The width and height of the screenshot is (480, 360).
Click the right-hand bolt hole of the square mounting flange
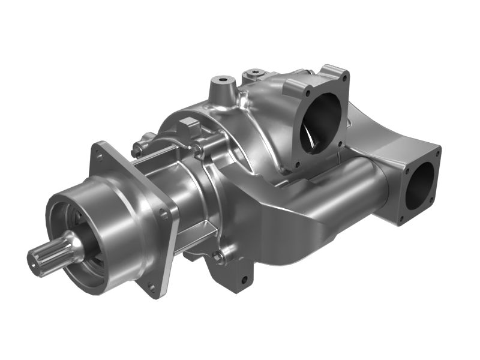[x=163, y=214]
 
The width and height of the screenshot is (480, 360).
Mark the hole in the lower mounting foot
[x=244, y=280]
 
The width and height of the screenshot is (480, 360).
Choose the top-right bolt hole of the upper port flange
[x=343, y=76]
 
